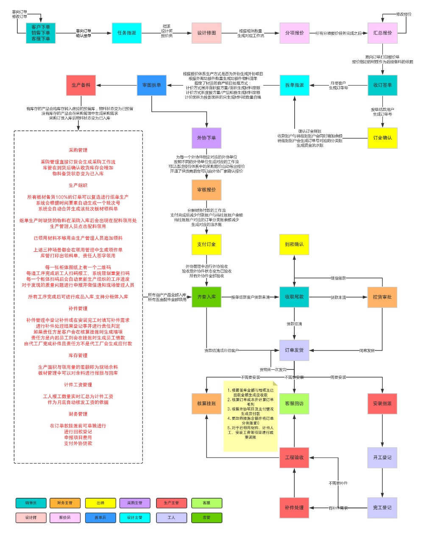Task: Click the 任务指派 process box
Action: (x=127, y=33)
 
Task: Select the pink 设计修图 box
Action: (x=206, y=33)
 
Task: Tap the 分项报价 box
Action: (x=294, y=33)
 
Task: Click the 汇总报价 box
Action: (x=382, y=33)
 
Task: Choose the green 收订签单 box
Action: (x=382, y=85)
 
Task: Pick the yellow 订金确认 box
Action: (x=382, y=138)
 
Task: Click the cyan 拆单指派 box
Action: (x=294, y=85)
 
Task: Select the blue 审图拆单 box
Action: (x=151, y=85)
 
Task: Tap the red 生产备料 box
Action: (x=81, y=85)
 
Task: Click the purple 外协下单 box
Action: (x=206, y=138)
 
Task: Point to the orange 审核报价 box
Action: (x=206, y=190)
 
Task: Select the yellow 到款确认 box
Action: (x=294, y=244)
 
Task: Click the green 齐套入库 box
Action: (x=206, y=297)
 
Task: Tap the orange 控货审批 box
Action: (x=382, y=297)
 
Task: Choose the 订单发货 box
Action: (x=294, y=350)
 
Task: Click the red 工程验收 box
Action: (x=294, y=458)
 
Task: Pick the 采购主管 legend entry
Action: (x=135, y=503)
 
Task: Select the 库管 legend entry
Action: (x=206, y=517)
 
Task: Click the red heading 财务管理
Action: (x=78, y=414)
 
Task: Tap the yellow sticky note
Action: (x=251, y=415)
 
